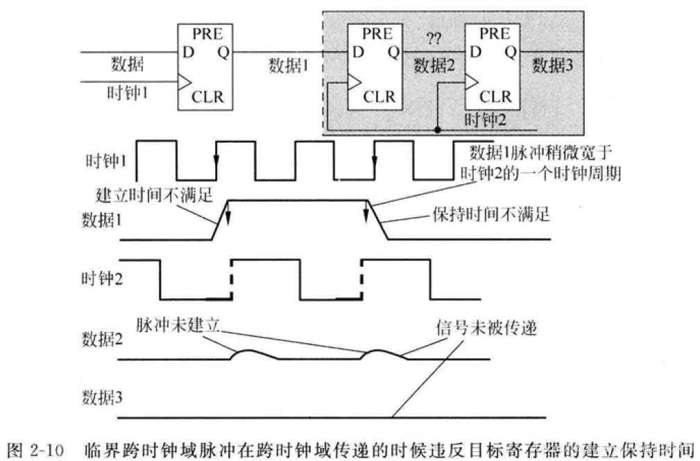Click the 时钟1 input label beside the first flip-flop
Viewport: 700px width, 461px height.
point(127,92)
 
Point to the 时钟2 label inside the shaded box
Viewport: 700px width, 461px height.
point(485,119)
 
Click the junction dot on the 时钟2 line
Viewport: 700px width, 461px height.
point(438,129)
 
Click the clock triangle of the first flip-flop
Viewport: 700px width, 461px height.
point(185,82)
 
